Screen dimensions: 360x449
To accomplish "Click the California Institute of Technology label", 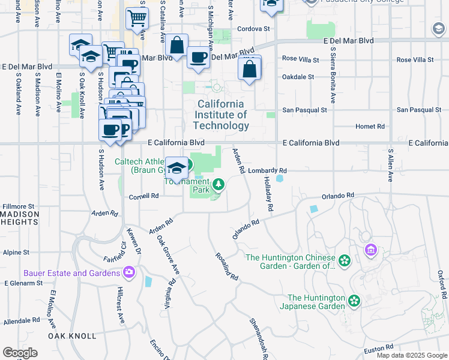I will tap(221, 115).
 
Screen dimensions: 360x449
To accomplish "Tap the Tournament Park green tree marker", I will tap(218, 184).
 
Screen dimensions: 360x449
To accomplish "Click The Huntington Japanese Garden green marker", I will tap(354, 300).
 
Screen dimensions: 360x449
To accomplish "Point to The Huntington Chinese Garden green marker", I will tap(344, 260).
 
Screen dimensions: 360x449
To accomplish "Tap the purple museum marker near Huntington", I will tap(370, 249).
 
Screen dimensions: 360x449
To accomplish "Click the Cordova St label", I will tap(254, 28).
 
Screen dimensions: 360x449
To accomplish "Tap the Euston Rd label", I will tap(378, 347).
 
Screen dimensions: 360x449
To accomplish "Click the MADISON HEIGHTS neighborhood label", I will tap(19, 218).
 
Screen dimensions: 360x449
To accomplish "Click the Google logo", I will tap(20, 352).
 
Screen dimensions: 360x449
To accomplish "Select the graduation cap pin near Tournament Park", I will tap(176, 167).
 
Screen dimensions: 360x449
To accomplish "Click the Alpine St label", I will tap(17, 253).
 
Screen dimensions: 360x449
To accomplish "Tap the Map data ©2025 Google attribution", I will tap(411, 355).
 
